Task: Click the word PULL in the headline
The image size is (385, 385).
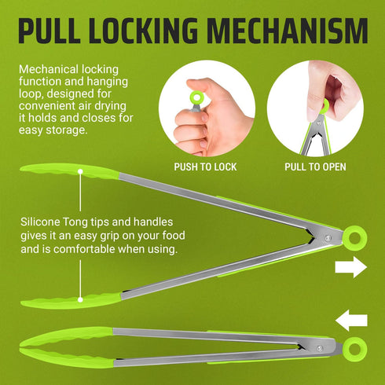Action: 49,31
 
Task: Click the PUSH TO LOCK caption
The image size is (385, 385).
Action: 205,167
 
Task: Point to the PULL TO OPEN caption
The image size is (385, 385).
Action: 315,167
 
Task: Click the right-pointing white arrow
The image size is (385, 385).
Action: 351,267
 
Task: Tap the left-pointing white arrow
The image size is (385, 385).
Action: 351,321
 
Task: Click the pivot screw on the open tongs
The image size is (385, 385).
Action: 328,238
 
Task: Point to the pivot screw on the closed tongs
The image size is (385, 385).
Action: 320,349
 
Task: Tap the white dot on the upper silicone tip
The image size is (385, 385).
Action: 80,171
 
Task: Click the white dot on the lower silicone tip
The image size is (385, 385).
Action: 80,299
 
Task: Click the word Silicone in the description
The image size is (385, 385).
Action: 40,222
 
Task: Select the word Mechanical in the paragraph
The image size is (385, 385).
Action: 49,69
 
